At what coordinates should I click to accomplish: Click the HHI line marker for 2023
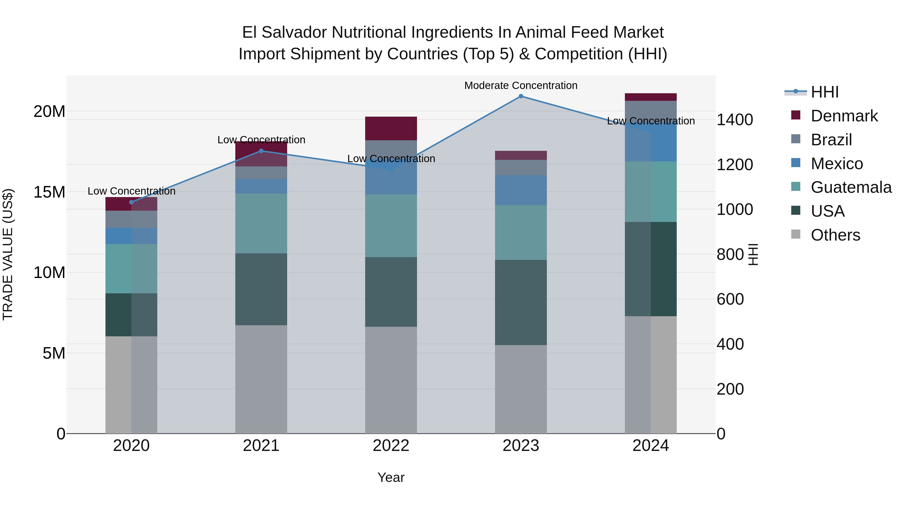click(x=521, y=96)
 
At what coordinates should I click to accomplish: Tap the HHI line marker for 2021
click(x=261, y=151)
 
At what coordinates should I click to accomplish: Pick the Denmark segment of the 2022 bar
click(x=391, y=128)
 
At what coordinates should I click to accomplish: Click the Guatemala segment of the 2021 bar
click(x=261, y=223)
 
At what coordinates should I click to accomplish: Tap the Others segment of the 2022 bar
click(x=391, y=380)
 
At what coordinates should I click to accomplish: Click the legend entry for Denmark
click(x=844, y=116)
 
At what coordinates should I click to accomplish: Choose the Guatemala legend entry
click(x=851, y=187)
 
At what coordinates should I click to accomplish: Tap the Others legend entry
click(x=835, y=235)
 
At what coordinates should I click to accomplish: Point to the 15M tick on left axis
click(x=49, y=192)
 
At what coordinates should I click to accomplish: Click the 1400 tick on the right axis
click(x=735, y=120)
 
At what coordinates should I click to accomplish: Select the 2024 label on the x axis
click(x=650, y=446)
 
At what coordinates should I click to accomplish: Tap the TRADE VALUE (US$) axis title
click(x=8, y=254)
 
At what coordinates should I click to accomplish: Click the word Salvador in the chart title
click(x=294, y=32)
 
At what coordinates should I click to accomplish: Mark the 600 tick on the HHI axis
click(x=730, y=299)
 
